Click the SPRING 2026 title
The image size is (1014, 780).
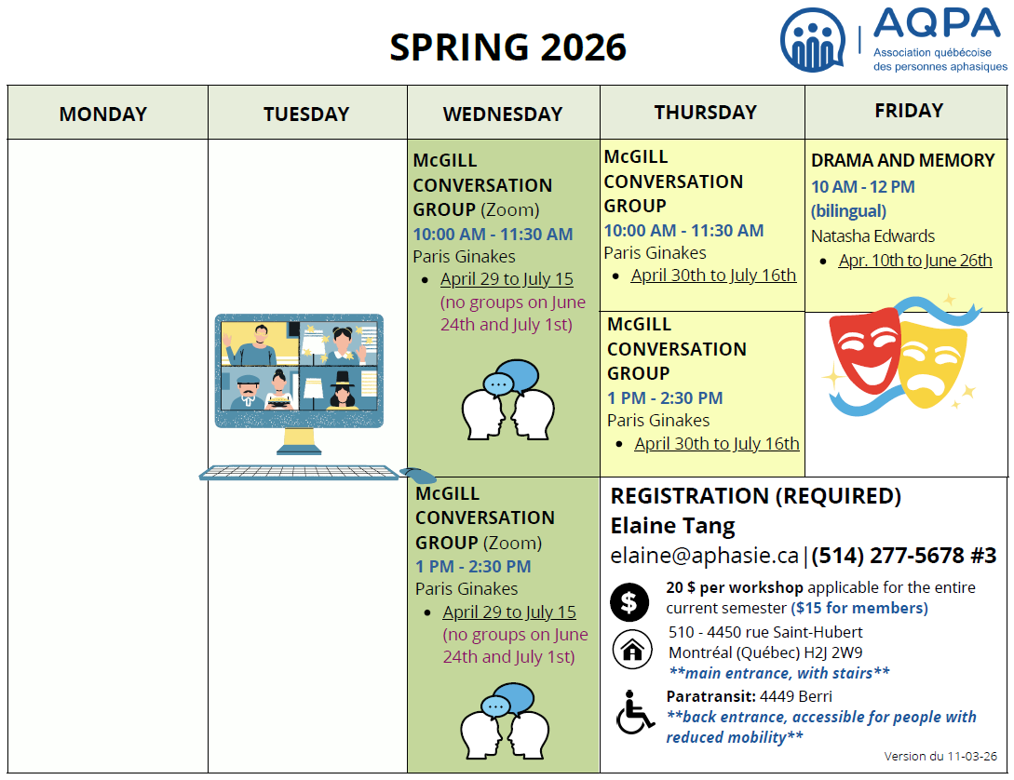[x=507, y=47]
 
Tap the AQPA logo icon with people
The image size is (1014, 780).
[x=814, y=39]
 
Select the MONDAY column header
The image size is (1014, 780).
[x=103, y=114]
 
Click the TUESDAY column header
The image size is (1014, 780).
[x=306, y=114]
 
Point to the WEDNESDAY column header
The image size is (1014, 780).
[x=503, y=114]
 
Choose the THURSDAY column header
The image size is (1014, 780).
[x=705, y=112]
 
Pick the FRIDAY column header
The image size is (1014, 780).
[x=909, y=110]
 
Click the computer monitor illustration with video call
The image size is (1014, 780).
[x=299, y=372]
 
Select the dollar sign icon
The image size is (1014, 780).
[x=629, y=601]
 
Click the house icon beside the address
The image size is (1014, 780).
[x=632, y=649]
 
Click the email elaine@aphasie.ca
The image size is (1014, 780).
[x=704, y=556]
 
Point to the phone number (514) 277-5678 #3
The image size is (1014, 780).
[x=904, y=556]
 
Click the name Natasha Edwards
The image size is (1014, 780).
[x=872, y=236]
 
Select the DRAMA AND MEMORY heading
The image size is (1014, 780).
[x=902, y=160]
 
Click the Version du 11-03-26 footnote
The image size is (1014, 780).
[x=940, y=757]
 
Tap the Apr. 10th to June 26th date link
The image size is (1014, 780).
[x=915, y=261]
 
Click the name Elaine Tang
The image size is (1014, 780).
[x=672, y=526]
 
